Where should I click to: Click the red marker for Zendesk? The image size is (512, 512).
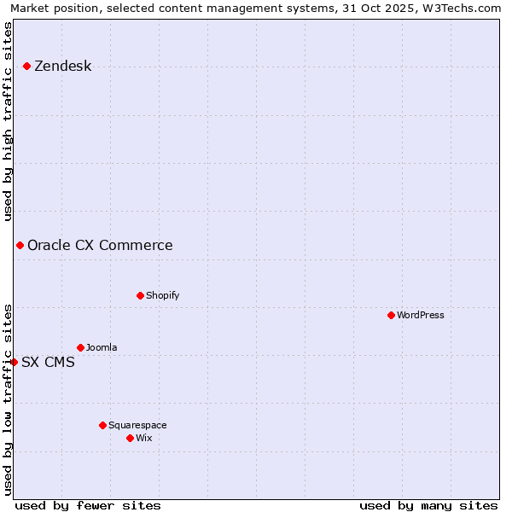pos(27,66)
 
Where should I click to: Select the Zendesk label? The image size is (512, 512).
pos(62,67)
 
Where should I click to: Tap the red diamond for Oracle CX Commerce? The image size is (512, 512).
pos(20,246)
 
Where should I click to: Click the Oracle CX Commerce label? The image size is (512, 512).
pos(100,246)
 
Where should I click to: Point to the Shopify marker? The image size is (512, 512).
pos(140,296)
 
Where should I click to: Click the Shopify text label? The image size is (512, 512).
pos(162,296)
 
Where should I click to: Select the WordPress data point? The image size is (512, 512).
pos(391,316)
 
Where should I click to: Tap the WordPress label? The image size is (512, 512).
pos(420,316)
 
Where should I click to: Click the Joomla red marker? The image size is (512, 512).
pos(80,347)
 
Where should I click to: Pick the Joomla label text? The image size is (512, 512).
pos(102,348)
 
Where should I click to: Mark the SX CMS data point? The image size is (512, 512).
pos(15,362)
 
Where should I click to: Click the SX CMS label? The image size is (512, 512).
pos(48,363)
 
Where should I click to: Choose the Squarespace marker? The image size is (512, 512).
pos(102,425)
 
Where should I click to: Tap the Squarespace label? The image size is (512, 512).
pos(137,426)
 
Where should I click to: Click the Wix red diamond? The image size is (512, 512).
pos(130,438)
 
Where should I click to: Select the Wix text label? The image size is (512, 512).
pos(143,439)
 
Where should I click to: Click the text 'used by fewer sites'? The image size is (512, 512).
pos(88,505)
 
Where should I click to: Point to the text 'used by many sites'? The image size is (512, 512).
pos(428,505)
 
